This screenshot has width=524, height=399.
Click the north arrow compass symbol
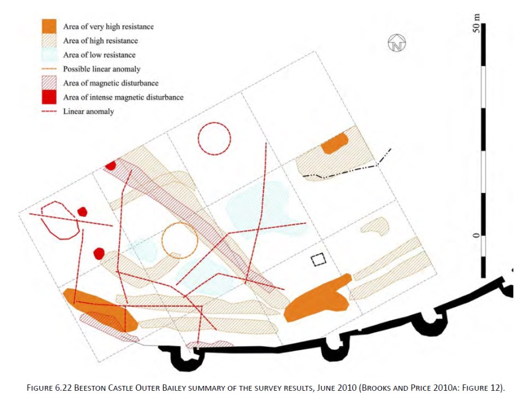[397, 44]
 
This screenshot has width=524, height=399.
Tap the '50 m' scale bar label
[477, 25]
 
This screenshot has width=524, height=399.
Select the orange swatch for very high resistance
[50, 26]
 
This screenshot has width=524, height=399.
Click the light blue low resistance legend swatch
[50, 55]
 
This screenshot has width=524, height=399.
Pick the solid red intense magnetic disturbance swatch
[50, 97]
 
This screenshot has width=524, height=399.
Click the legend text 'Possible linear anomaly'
[102, 69]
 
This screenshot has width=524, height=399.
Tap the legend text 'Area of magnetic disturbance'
[111, 83]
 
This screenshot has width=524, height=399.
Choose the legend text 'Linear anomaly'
[88, 112]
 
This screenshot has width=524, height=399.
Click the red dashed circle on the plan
[214, 138]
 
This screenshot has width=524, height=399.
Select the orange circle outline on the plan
[179, 240]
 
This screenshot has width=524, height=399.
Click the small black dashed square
[318, 260]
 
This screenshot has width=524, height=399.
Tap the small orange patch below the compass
[335, 143]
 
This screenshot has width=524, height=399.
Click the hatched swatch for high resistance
[50, 40]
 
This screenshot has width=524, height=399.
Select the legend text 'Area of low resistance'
[99, 55]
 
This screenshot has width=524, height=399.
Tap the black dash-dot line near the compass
[349, 169]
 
